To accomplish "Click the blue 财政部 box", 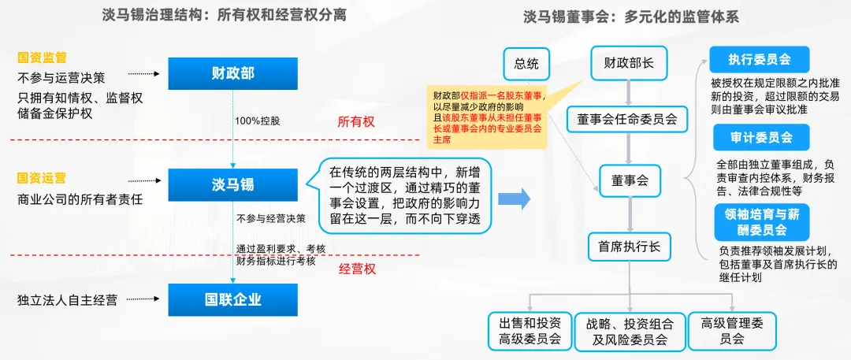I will pos(232,74).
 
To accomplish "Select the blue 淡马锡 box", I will pos(232,184).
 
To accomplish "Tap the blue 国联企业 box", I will pos(232,299).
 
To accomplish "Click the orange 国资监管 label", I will pos(42,58).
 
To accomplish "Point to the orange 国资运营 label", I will pos(42,178).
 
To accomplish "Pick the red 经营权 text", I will pos(357,269).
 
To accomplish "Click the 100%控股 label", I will pos(258,121).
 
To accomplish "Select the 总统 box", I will pos(526,63).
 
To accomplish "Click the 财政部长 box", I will pos(629,63).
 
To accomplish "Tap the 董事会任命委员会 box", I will pos(627,120).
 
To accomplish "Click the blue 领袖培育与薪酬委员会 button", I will pos(750,221).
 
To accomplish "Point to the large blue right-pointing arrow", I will pos(515,198).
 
